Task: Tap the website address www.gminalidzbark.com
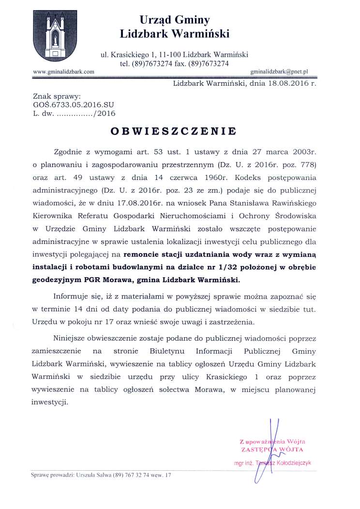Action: (x=63, y=72)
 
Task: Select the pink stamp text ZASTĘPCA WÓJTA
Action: (x=275, y=449)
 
